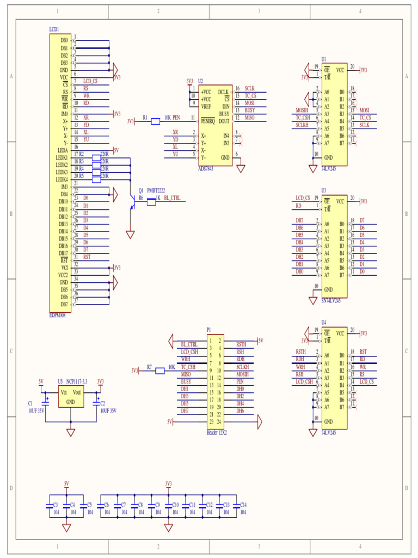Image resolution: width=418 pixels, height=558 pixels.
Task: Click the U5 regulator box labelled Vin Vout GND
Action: point(71,397)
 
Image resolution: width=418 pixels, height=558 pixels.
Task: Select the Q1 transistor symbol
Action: point(132,202)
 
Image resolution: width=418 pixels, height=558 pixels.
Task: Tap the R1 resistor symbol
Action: point(155,121)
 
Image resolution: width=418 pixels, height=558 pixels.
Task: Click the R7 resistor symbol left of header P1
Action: point(160,371)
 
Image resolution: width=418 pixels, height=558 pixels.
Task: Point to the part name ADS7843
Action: point(206,168)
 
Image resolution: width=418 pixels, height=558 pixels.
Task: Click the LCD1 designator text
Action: point(54,29)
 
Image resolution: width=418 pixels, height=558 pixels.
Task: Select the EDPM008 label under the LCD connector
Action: point(57,315)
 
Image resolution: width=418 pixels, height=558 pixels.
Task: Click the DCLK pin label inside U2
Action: point(223,92)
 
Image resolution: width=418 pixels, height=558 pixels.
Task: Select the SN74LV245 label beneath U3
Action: point(330,300)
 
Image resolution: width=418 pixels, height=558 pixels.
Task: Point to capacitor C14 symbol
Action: point(236,506)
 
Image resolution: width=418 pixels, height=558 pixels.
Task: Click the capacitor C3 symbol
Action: point(49,506)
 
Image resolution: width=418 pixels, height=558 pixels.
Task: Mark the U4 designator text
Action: point(324,322)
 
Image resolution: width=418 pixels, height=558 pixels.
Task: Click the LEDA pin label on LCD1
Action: point(62,150)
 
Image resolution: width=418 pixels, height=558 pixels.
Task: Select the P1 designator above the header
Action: point(208,330)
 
